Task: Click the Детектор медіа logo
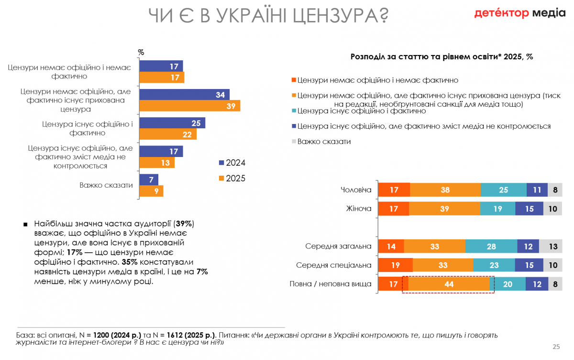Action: (x=519, y=13)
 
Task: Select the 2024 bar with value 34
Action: (x=185, y=95)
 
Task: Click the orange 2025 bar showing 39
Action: (x=190, y=106)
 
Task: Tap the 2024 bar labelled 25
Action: (x=172, y=123)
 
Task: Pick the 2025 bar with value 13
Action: (x=157, y=163)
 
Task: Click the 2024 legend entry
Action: (x=232, y=163)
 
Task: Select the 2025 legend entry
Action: (x=232, y=179)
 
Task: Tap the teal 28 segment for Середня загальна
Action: (x=491, y=246)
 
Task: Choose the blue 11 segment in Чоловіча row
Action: (x=537, y=190)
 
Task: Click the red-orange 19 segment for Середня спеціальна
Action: (x=395, y=265)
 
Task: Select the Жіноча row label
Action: (x=359, y=209)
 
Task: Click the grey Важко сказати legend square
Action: (x=294, y=142)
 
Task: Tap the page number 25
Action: (x=556, y=347)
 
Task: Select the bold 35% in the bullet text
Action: (x=130, y=262)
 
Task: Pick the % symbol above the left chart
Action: (x=141, y=52)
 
